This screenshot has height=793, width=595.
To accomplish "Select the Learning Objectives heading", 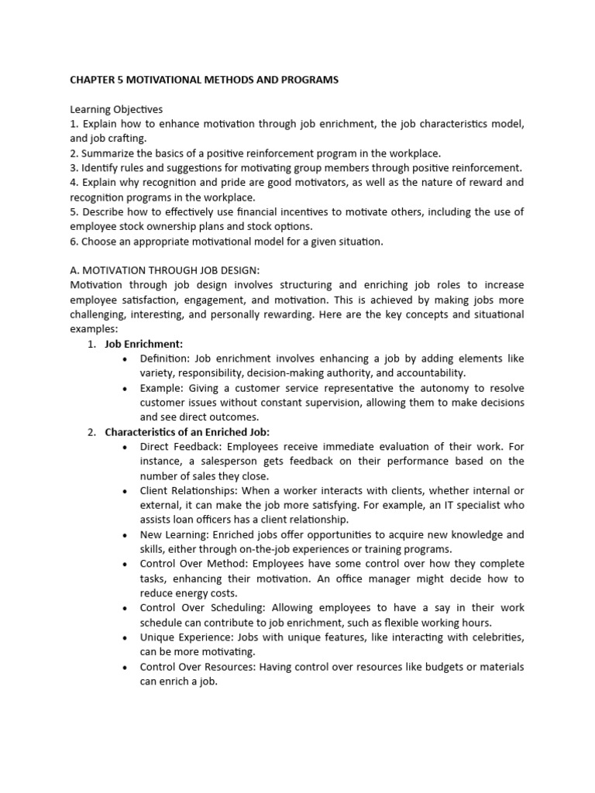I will [116, 109].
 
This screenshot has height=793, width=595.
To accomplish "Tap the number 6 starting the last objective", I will [74, 241].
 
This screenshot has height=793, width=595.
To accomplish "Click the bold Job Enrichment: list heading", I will [143, 344].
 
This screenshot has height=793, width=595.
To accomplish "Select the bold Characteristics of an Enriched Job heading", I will [187, 432].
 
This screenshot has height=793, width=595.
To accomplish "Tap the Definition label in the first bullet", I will [163, 359].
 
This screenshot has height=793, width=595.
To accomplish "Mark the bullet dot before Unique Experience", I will [126, 637].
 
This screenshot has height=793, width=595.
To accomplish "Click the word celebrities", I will [494, 637].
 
